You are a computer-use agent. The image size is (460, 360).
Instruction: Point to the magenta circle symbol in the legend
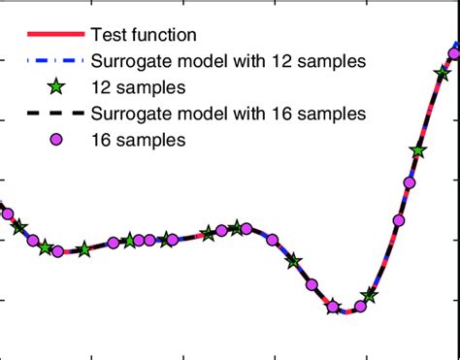(55, 140)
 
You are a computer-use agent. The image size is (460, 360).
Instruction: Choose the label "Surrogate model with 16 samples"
(228, 114)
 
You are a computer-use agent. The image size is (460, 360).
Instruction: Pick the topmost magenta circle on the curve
(454, 49)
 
